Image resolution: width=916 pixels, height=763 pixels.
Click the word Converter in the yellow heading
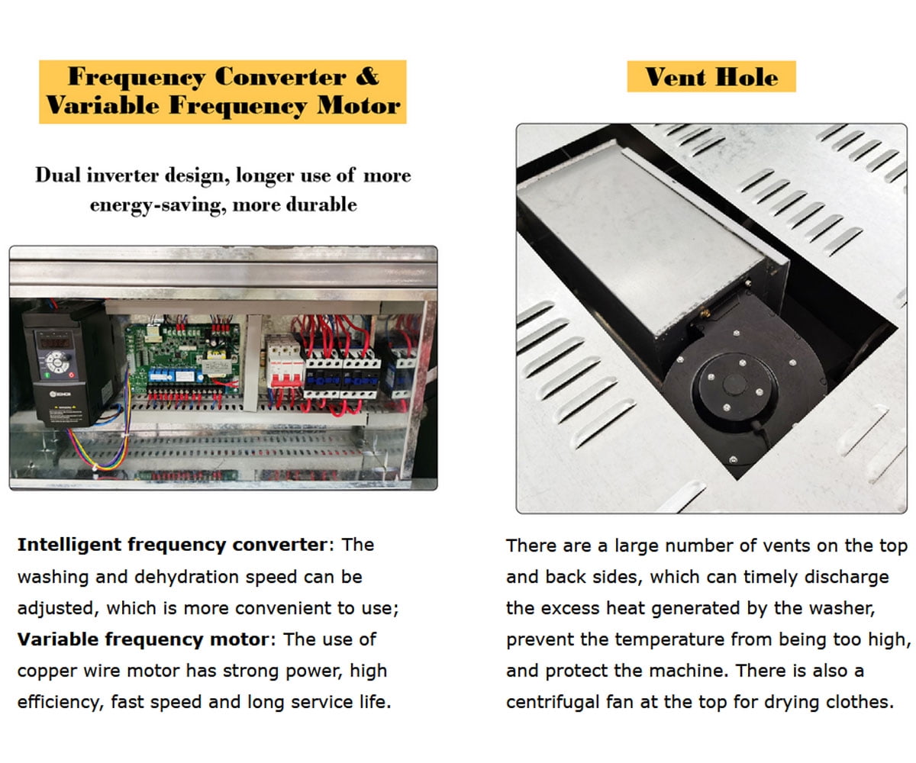(280, 77)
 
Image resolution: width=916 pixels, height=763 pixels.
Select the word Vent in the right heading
(676, 78)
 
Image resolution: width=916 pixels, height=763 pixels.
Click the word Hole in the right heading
(747, 78)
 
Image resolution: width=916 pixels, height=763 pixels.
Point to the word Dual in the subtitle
(58, 175)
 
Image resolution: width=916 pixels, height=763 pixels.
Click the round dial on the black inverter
(57, 362)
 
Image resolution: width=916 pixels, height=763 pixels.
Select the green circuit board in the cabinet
(183, 356)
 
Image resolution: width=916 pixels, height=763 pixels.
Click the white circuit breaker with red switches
(284, 362)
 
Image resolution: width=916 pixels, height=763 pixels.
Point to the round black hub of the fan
(735, 386)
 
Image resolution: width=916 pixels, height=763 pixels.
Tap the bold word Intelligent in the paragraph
(69, 545)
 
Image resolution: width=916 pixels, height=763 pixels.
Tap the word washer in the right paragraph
(841, 608)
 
